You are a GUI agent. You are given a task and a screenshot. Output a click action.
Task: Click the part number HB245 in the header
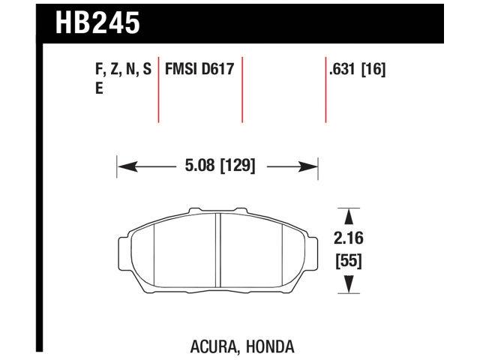click(x=97, y=22)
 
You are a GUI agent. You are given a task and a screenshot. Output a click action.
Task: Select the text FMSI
click(x=180, y=70)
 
